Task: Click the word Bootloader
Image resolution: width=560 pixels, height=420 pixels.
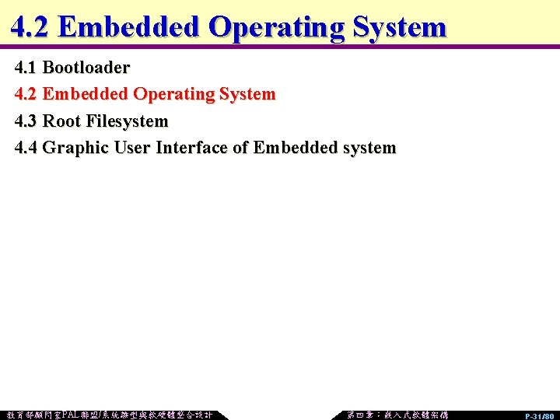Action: (x=86, y=68)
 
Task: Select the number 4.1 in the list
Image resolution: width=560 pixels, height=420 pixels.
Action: (x=26, y=68)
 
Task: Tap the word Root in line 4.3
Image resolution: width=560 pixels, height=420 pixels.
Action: (x=61, y=121)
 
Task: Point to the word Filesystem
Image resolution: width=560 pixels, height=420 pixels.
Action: (x=127, y=121)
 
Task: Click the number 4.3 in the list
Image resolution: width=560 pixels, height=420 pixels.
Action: (x=26, y=121)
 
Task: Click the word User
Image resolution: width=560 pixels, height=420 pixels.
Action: (x=132, y=148)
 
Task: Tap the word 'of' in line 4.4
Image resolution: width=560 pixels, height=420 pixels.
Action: (x=240, y=148)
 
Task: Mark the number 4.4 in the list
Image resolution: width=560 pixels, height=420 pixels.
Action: (x=26, y=148)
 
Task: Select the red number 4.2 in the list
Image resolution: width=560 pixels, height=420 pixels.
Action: (x=26, y=95)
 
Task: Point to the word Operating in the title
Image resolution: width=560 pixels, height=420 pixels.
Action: (x=277, y=27)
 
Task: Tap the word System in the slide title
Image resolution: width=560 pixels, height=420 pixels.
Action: (x=399, y=27)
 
